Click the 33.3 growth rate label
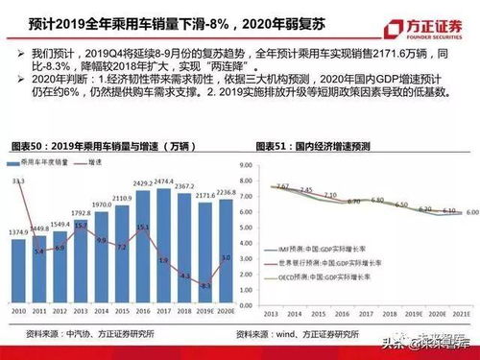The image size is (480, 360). pos(19,180)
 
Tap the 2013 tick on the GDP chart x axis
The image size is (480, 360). pos(272,312)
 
